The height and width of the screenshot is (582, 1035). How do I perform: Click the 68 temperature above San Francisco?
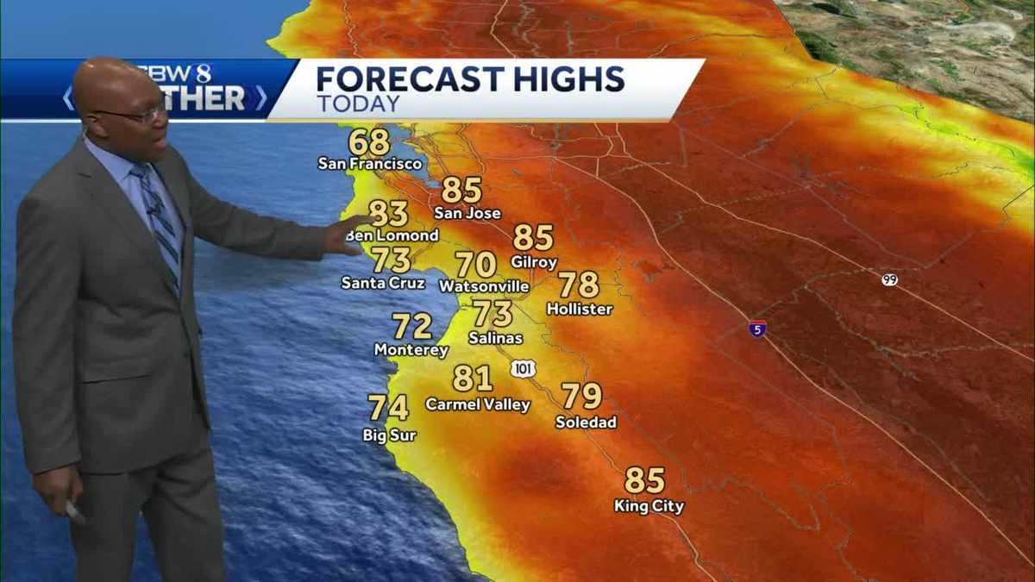(x=369, y=141)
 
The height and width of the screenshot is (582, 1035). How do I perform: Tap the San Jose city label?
(x=467, y=213)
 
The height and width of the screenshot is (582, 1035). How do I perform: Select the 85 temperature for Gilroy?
(x=533, y=238)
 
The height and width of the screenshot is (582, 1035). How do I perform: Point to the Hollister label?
(x=580, y=309)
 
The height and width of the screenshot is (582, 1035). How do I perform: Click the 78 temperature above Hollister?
(x=579, y=285)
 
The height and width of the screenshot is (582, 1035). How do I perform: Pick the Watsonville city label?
(x=484, y=285)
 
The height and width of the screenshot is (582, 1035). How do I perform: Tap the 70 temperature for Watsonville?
(x=476, y=264)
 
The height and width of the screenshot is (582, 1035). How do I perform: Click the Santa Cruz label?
(x=383, y=282)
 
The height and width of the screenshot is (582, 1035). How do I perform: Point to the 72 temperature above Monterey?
(x=412, y=326)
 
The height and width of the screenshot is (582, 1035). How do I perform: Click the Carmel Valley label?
(x=478, y=404)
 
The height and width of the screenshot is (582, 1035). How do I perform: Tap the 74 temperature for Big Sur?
(x=388, y=407)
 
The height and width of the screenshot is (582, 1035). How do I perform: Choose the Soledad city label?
(x=586, y=422)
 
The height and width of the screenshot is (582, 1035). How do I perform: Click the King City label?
(x=649, y=506)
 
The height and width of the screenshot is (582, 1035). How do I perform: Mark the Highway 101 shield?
(x=523, y=369)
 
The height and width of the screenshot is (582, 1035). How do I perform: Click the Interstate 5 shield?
(x=757, y=329)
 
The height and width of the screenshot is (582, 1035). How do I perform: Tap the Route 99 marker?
(x=890, y=279)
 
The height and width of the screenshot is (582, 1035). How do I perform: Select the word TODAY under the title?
(x=358, y=104)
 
